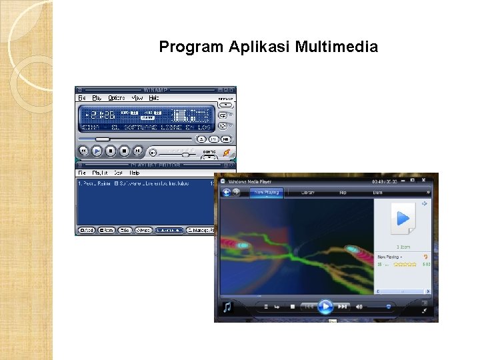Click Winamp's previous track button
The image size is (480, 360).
tap(84, 151)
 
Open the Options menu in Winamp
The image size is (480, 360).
tap(117, 98)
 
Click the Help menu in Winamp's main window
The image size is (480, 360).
tap(154, 98)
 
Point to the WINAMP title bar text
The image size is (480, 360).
tap(156, 89)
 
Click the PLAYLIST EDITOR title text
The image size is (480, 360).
tap(156, 163)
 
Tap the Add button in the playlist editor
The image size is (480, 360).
tap(87, 230)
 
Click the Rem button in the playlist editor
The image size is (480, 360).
tap(106, 230)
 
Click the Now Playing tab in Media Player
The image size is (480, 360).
tap(266, 192)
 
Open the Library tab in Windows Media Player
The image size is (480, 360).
tap(308, 192)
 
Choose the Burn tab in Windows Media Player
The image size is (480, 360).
tap(377, 192)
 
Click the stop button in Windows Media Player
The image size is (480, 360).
tap(292, 307)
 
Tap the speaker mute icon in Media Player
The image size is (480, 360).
tap(359, 307)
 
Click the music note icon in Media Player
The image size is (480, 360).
tap(227, 307)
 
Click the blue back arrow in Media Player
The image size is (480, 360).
tap(227, 192)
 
